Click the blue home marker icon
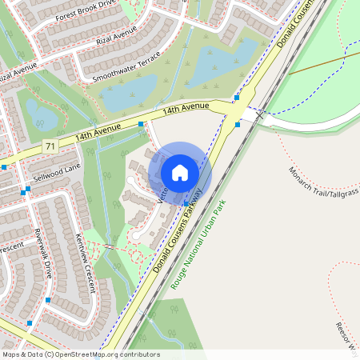[x=180, y=173]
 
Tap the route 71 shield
[x=50, y=146]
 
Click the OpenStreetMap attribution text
[x=81, y=354]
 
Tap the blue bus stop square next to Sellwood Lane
[x=27, y=190]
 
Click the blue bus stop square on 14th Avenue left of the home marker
[x=141, y=124]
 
